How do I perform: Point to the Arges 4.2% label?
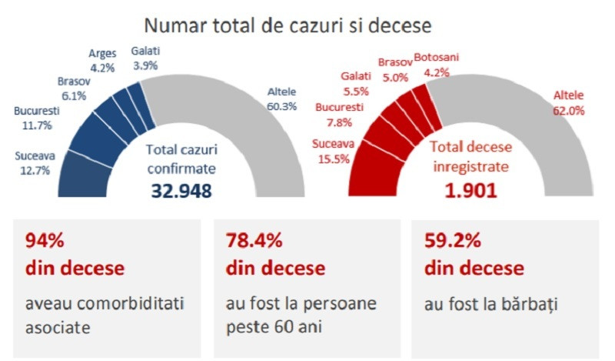click(x=102, y=60)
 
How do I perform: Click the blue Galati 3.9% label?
click(x=145, y=58)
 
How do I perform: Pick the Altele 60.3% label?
click(x=281, y=99)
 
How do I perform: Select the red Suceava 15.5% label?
click(x=332, y=151)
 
